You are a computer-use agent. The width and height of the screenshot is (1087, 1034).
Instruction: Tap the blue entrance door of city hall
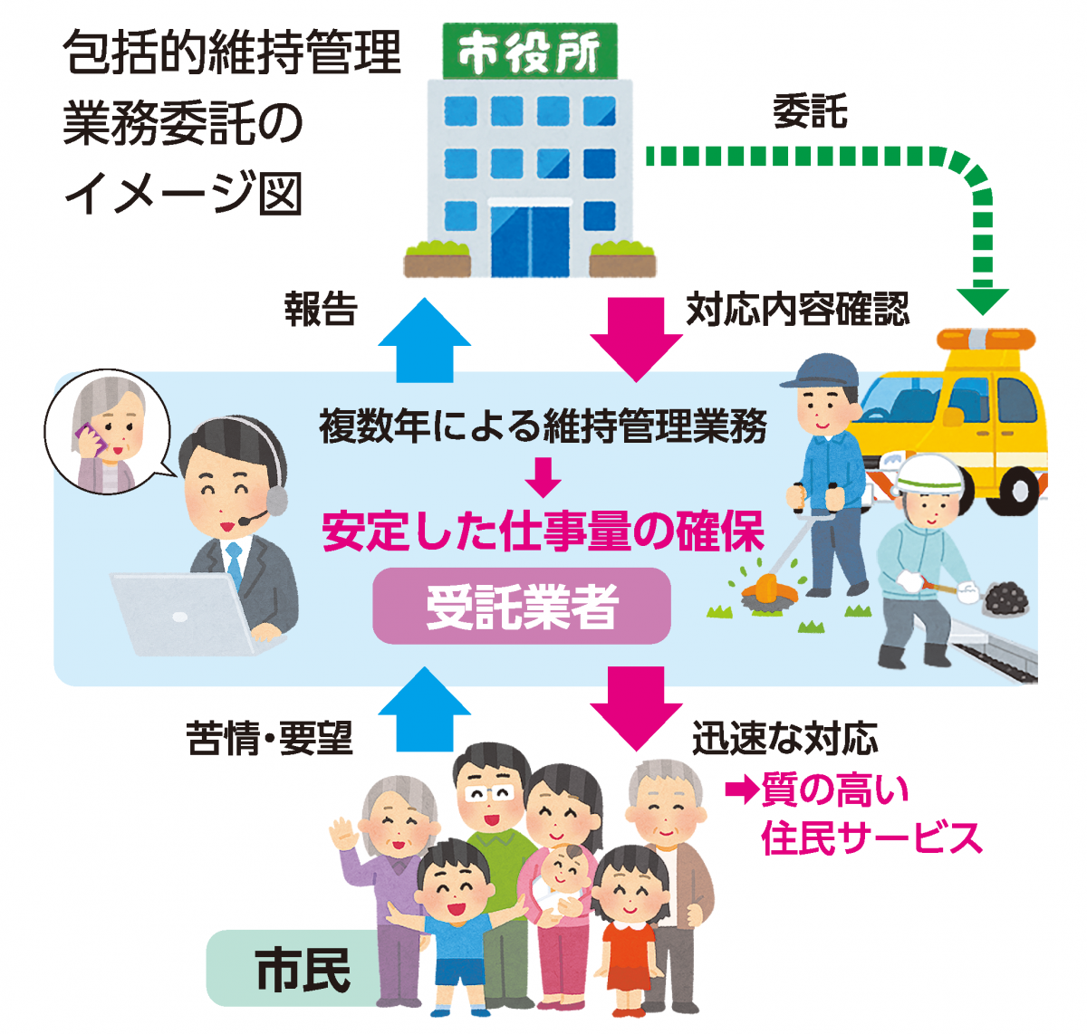point(529,240)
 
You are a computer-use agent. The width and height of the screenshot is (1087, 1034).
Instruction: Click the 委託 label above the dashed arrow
point(809,113)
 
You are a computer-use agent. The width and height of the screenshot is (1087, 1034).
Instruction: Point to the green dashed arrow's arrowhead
point(982,300)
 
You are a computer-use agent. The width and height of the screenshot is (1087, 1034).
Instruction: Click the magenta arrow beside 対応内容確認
point(636,339)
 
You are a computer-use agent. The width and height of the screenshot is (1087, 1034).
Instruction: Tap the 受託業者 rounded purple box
point(522,606)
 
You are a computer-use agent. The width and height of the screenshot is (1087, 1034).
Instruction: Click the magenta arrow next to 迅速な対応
point(636,706)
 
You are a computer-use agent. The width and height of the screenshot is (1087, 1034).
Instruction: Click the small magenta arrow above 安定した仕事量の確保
point(543,477)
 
